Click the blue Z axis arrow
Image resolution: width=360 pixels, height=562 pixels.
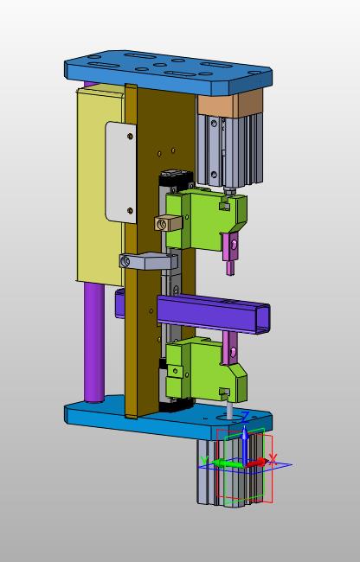tap(244, 444)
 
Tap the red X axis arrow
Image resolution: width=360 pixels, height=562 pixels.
tap(255, 463)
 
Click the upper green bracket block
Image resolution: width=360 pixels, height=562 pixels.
tap(206, 220)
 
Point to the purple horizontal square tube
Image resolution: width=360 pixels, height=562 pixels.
tap(214, 314)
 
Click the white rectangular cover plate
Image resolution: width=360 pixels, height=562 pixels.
tap(121, 172)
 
